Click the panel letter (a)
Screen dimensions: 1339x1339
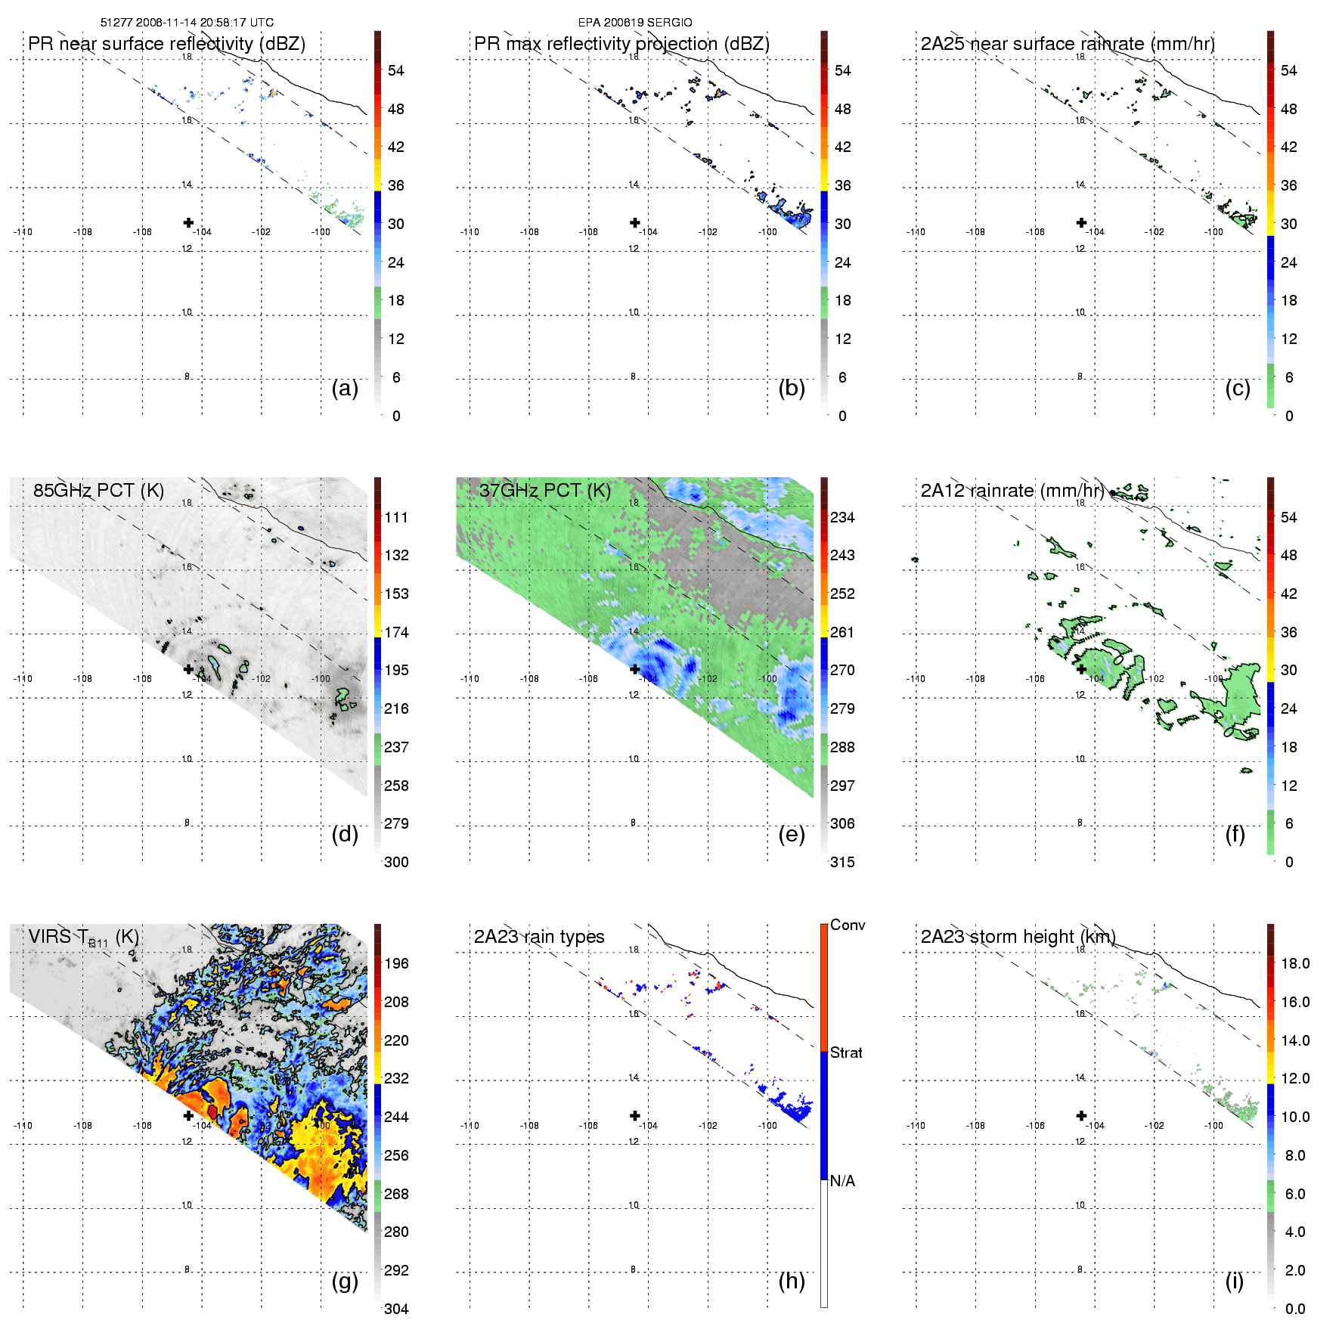(x=345, y=389)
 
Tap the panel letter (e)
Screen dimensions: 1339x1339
(x=791, y=835)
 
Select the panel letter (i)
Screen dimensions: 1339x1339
(x=1234, y=1282)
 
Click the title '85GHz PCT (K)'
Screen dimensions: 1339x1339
(x=98, y=490)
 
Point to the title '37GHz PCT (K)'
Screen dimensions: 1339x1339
(x=544, y=490)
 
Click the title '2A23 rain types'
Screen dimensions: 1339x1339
(x=539, y=937)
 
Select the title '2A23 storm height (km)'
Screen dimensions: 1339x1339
(x=1018, y=937)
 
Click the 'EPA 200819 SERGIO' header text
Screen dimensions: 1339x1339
(x=635, y=23)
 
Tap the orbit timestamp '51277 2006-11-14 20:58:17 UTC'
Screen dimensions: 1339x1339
(x=187, y=23)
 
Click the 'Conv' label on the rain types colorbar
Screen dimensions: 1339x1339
(x=848, y=925)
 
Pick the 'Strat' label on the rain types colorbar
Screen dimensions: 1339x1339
(x=846, y=1052)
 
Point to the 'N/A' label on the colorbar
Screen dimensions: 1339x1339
(x=842, y=1181)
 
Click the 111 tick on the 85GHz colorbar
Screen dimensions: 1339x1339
(x=396, y=517)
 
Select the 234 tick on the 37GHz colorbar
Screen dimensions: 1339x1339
(x=842, y=517)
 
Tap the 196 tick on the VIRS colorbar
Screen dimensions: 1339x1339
(x=396, y=963)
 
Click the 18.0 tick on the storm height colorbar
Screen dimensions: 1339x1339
(x=1294, y=963)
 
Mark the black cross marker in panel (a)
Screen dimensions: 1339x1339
(x=188, y=222)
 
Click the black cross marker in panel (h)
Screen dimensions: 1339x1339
(x=635, y=1115)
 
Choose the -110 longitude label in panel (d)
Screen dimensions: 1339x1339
(x=23, y=679)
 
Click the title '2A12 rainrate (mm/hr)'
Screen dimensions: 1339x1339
(x=1012, y=490)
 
